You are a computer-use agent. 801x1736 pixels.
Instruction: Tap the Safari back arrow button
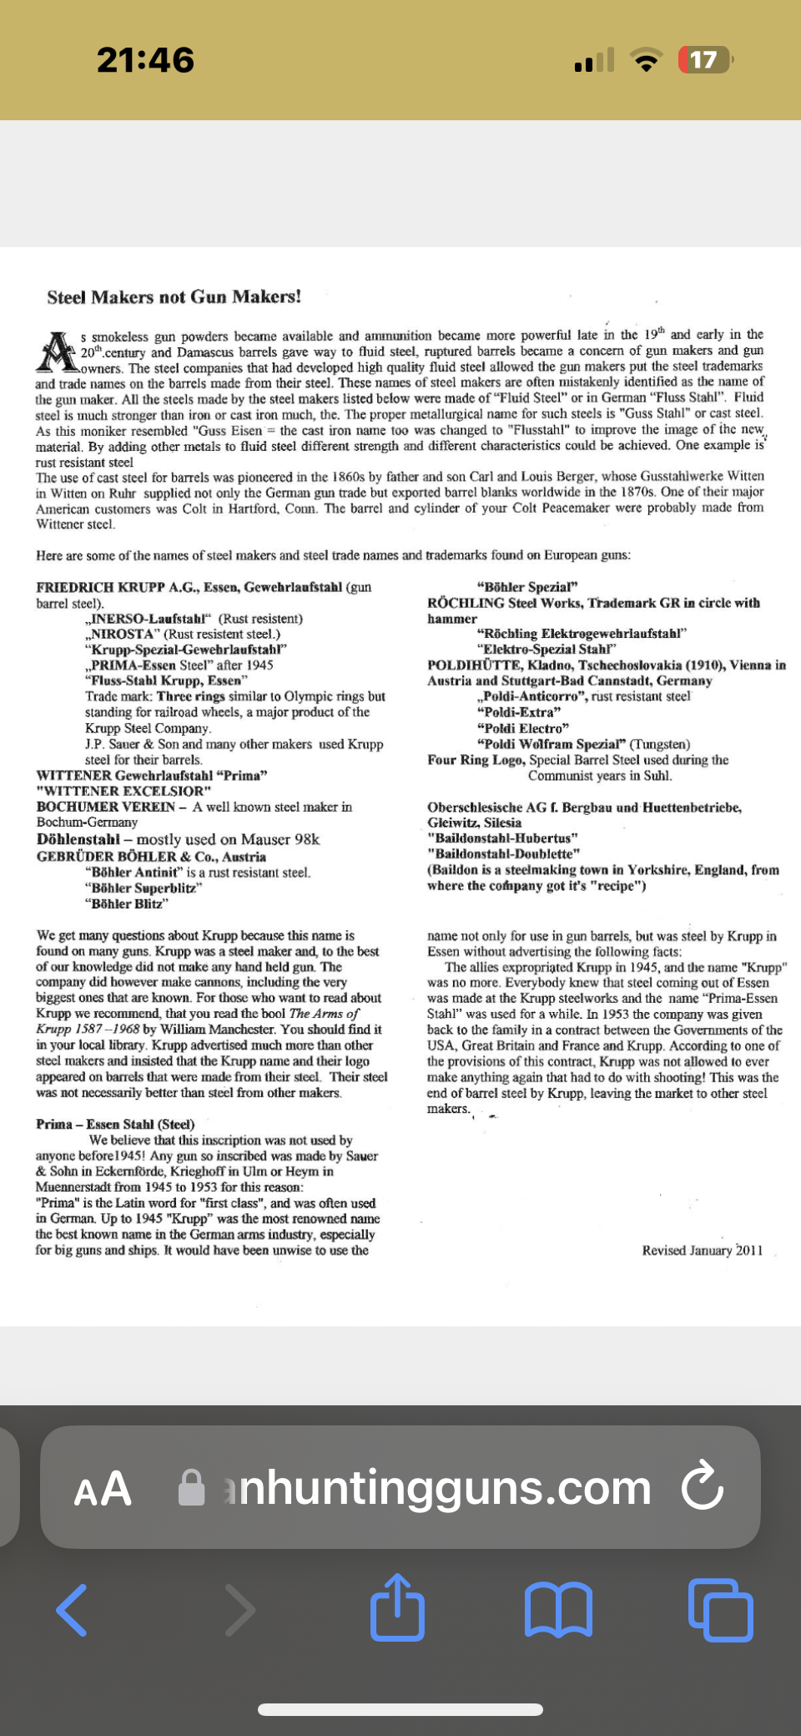pyautogui.click(x=73, y=1609)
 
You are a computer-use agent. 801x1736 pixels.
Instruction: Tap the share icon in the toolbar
pyautogui.click(x=397, y=1607)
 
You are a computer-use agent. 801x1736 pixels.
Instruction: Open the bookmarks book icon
pyautogui.click(x=558, y=1609)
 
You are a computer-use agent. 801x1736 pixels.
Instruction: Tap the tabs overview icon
pyautogui.click(x=720, y=1609)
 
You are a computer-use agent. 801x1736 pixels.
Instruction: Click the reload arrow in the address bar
pyautogui.click(x=703, y=1487)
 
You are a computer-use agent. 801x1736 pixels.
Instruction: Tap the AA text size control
pyautogui.click(x=103, y=1489)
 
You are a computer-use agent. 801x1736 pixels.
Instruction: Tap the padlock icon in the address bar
pyautogui.click(x=192, y=1487)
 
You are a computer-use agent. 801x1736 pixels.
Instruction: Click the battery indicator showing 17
pyautogui.click(x=705, y=60)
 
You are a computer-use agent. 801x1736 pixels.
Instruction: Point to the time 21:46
pyautogui.click(x=145, y=60)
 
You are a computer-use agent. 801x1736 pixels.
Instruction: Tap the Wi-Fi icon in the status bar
pyautogui.click(x=645, y=60)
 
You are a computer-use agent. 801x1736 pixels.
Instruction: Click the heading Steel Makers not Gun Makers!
pyautogui.click(x=174, y=296)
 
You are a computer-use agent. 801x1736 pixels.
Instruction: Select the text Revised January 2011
pyautogui.click(x=702, y=1250)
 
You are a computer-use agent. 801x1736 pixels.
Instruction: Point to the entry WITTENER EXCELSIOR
pyautogui.click(x=123, y=791)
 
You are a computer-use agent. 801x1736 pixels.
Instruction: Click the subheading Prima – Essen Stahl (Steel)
pyautogui.click(x=115, y=1124)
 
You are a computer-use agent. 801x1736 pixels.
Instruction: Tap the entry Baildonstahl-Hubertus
pyautogui.click(x=502, y=838)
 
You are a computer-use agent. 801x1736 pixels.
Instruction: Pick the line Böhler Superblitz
pyautogui.click(x=143, y=888)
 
